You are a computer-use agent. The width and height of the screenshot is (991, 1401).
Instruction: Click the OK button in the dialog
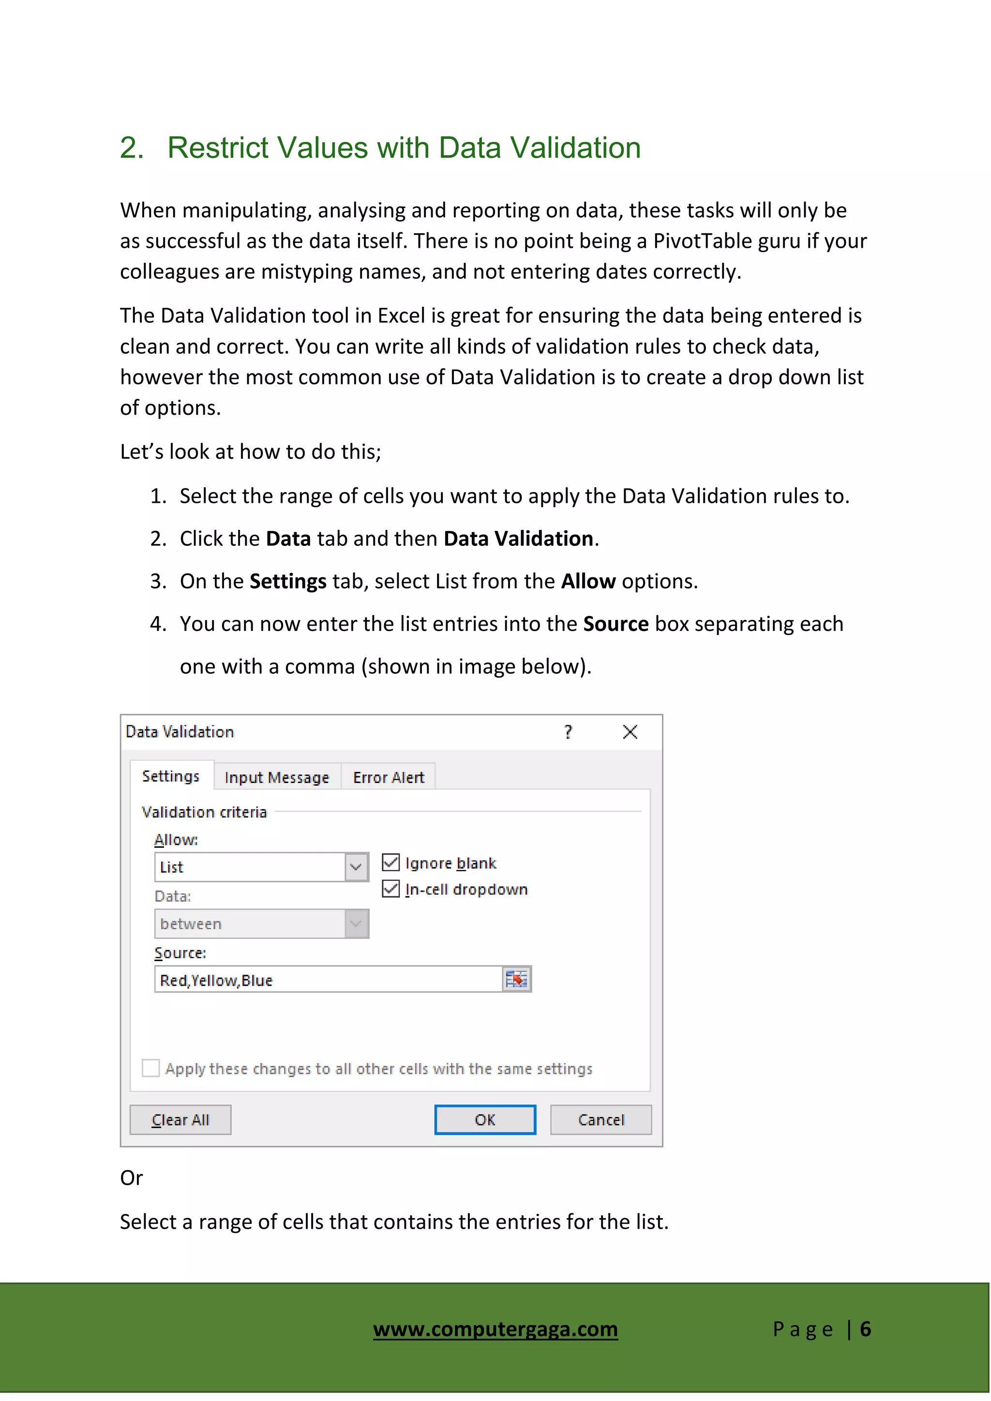click(485, 1120)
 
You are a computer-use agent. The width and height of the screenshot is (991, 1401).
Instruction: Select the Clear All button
click(180, 1120)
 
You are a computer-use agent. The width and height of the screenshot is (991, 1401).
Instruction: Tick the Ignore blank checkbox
click(390, 863)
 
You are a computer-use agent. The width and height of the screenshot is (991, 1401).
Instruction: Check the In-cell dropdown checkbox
click(390, 889)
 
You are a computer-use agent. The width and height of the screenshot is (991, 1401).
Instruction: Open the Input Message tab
click(276, 777)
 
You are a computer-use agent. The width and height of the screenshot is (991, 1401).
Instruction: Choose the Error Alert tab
click(388, 777)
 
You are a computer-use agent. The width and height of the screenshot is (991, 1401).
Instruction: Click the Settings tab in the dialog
click(171, 776)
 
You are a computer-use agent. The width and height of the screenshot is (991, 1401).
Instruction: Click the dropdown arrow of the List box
click(356, 867)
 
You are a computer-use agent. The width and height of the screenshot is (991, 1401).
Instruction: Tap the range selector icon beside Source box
click(516, 979)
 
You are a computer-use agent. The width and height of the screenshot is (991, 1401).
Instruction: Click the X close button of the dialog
click(631, 732)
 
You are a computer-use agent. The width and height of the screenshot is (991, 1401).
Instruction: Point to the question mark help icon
click(568, 732)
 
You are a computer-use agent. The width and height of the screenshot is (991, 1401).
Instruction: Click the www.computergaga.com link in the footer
click(495, 1328)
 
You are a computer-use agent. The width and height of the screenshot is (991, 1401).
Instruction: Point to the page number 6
click(865, 1329)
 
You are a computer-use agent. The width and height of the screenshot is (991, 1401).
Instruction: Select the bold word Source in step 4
click(616, 624)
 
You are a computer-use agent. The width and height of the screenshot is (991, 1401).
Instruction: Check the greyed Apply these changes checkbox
click(150, 1068)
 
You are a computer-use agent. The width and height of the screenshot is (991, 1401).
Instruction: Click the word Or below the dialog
click(131, 1178)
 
